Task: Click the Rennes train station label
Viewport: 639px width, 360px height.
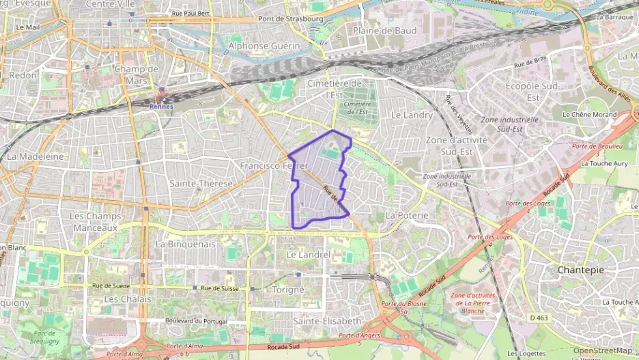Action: pos(161,107)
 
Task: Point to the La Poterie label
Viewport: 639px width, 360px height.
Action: pos(407,214)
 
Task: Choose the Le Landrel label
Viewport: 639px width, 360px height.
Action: pos(308,254)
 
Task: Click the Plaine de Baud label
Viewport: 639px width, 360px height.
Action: pos(385,31)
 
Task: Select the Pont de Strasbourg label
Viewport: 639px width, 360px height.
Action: pos(291,19)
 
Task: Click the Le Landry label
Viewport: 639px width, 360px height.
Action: pos(412,115)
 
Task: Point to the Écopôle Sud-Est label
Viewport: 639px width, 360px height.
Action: pos(532,92)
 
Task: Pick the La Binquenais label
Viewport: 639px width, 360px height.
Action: pos(186,243)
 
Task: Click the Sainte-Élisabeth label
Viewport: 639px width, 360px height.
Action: pos(326,320)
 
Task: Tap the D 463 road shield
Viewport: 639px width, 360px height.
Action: pos(538,318)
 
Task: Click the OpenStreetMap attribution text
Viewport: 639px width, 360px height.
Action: pos(602,350)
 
